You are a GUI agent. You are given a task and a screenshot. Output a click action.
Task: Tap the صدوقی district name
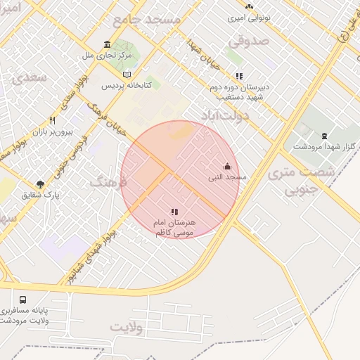(248, 41)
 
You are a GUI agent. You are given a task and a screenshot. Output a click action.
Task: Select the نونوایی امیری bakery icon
(248, 6)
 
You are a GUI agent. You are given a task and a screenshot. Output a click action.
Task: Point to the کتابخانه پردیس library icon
(127, 74)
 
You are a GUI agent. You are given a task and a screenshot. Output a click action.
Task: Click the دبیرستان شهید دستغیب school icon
(239, 76)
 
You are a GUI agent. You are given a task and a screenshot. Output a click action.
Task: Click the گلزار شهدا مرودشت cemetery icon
(323, 136)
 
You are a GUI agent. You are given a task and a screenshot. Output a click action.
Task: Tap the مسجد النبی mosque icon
(227, 166)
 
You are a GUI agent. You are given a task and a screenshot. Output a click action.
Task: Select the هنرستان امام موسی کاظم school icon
(174, 211)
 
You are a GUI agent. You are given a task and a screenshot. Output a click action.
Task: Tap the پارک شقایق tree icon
(40, 184)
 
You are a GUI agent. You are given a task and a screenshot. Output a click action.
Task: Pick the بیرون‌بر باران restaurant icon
(52, 120)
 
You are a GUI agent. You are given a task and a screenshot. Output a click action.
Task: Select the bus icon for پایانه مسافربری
(23, 299)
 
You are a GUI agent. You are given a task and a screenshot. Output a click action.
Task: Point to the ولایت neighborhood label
(127, 328)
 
